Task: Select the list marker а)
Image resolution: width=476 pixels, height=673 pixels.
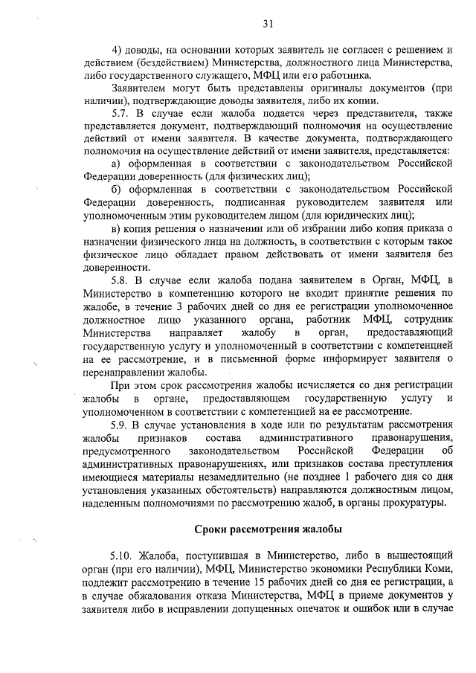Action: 115,163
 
